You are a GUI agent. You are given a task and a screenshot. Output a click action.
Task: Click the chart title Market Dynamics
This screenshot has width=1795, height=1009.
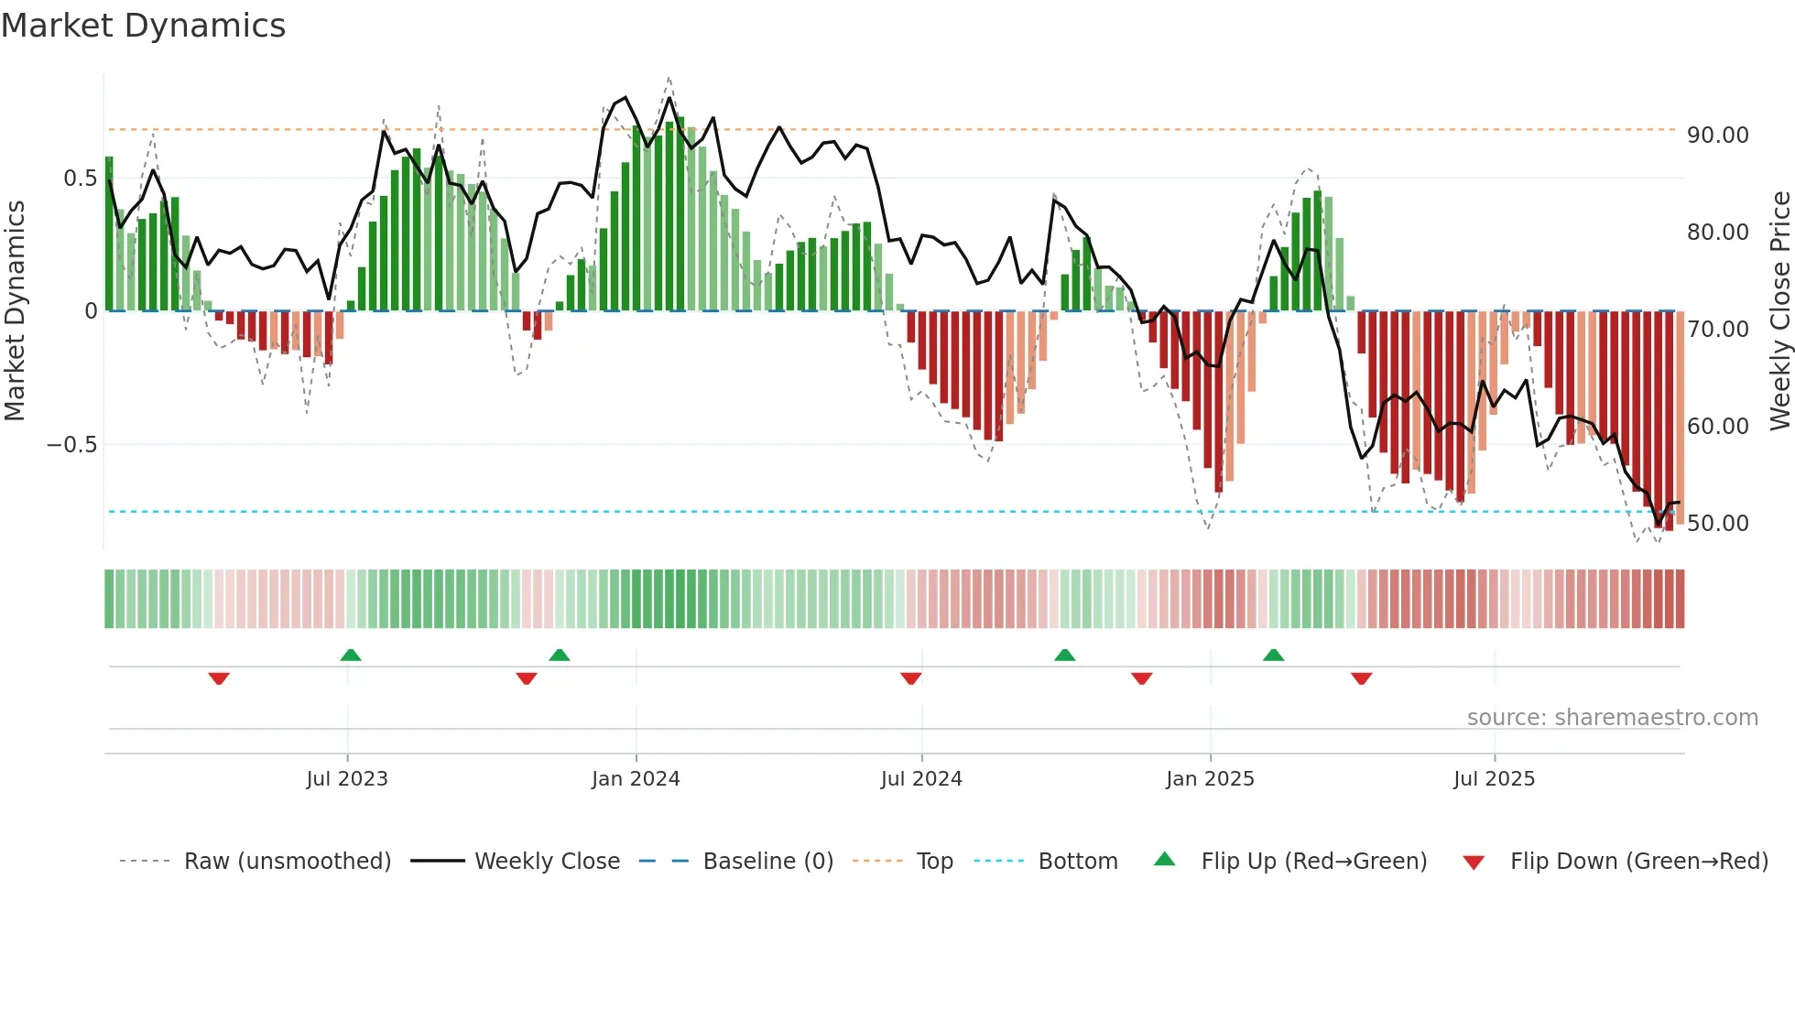click(144, 26)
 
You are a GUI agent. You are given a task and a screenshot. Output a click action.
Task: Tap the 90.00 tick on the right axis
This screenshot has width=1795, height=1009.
click(1717, 136)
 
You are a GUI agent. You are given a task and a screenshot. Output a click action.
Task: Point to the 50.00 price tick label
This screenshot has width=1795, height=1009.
click(1717, 524)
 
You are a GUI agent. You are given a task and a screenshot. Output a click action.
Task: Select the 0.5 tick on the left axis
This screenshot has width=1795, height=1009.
click(80, 179)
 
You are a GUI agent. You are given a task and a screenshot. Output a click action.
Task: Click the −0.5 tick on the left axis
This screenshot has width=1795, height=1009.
click(71, 446)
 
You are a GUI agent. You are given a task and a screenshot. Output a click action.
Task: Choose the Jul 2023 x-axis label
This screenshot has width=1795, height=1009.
click(347, 779)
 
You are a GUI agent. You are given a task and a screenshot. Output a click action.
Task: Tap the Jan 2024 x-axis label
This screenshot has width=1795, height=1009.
click(636, 779)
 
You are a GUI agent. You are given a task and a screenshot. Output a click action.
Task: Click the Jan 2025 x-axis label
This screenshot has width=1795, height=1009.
click(1210, 779)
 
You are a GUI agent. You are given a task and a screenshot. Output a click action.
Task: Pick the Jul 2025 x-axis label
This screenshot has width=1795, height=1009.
click(1494, 779)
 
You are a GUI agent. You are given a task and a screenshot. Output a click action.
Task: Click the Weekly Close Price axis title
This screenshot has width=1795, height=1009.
click(1779, 311)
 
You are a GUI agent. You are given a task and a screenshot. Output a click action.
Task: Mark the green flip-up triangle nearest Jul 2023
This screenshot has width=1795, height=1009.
click(351, 655)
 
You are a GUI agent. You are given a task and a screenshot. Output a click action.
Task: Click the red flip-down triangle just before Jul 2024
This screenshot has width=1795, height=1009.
click(910, 678)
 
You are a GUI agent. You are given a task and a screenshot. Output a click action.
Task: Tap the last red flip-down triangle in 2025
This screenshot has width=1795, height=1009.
click(1361, 678)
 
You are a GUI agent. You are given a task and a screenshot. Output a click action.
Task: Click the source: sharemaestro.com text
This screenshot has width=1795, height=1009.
click(1612, 718)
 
